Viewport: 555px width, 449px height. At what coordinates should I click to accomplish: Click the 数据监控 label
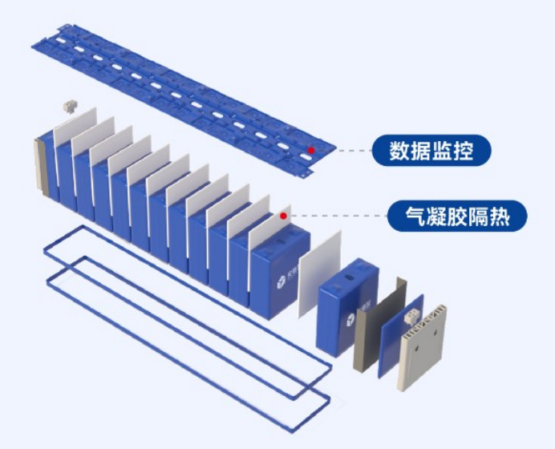[430, 150]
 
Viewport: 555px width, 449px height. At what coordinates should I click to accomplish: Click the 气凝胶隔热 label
[459, 216]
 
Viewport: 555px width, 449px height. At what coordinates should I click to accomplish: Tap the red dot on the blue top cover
[310, 149]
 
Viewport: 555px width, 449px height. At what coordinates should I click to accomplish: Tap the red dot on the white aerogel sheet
[284, 216]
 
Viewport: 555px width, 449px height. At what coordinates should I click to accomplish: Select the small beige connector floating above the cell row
[68, 107]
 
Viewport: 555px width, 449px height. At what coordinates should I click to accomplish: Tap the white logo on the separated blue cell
[351, 323]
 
